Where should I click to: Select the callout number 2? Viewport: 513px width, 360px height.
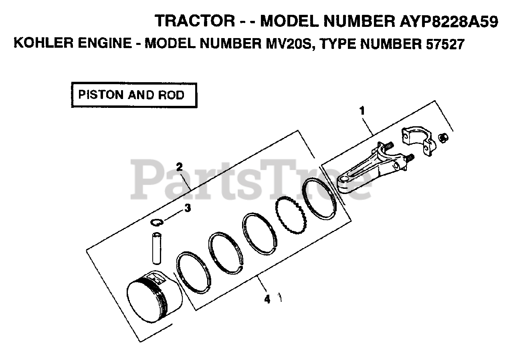pyautogui.click(x=180, y=166)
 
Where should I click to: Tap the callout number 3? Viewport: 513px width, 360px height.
pyautogui.click(x=187, y=208)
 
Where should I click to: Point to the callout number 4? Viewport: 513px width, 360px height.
pyautogui.click(x=267, y=299)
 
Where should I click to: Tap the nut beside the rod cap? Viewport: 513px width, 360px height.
pyautogui.click(x=443, y=138)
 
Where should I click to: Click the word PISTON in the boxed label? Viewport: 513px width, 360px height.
pyautogui.click(x=100, y=95)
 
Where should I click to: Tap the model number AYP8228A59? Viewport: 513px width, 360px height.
pyautogui.click(x=448, y=21)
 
